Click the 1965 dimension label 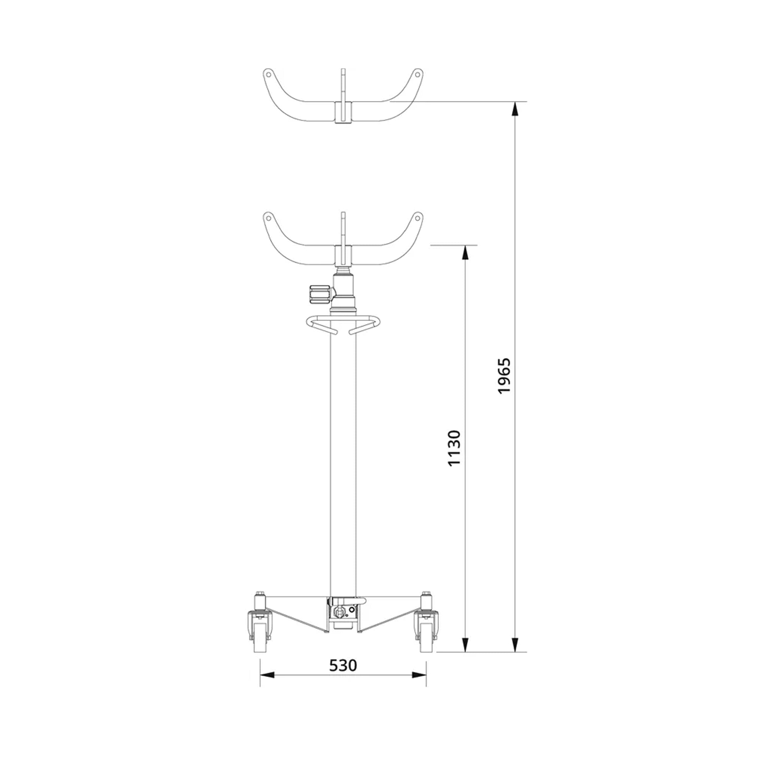click(x=504, y=375)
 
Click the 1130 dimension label click(x=454, y=448)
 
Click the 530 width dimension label click(x=343, y=665)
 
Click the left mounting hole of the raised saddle click(x=269, y=74)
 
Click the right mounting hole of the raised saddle click(x=417, y=74)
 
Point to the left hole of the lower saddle click(x=269, y=219)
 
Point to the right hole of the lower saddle click(x=417, y=219)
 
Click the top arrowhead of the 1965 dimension click(x=515, y=109)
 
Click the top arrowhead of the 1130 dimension click(x=465, y=253)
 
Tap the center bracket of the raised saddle click(x=343, y=112)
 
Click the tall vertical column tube click(x=343, y=461)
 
